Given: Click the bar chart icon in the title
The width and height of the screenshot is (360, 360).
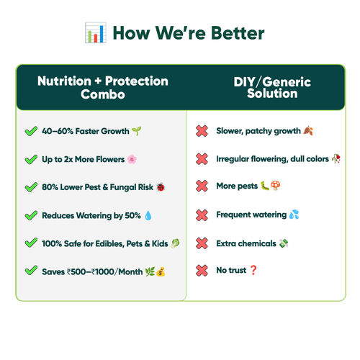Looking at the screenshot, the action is pyautogui.click(x=96, y=32).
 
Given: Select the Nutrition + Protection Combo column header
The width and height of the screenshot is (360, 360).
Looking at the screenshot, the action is pyautogui.click(x=103, y=87).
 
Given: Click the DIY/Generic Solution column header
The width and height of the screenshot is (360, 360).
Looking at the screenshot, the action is pyautogui.click(x=272, y=87).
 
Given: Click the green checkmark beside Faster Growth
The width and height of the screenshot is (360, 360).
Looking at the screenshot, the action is pyautogui.click(x=31, y=131).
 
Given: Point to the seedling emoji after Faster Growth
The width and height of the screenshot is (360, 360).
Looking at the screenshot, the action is pyautogui.click(x=137, y=131).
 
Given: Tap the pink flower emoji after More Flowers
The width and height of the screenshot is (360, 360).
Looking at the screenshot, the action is pyautogui.click(x=132, y=159).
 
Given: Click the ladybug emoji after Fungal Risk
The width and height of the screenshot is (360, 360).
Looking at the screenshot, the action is pyautogui.click(x=161, y=187).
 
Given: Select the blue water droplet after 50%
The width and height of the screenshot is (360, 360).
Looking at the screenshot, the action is pyautogui.click(x=148, y=215).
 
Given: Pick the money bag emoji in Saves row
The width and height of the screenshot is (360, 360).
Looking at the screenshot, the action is pyautogui.click(x=161, y=272).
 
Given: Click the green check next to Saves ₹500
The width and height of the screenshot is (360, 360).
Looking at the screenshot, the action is pyautogui.click(x=31, y=270).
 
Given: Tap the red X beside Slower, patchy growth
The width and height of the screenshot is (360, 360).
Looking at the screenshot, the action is pyautogui.click(x=202, y=131).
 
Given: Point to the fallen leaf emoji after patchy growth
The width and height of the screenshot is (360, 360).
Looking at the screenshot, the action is pyautogui.click(x=308, y=131).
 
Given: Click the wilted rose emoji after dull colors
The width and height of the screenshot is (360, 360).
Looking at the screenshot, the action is pyautogui.click(x=336, y=158).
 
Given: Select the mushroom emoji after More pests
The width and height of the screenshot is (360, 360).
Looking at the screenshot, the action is pyautogui.click(x=275, y=186).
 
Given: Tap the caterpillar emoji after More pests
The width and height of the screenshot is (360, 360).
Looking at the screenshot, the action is pyautogui.click(x=265, y=186).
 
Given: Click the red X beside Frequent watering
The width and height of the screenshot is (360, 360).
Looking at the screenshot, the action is pyautogui.click(x=202, y=215).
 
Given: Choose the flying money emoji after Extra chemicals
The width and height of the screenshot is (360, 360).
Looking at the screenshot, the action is pyautogui.click(x=284, y=243).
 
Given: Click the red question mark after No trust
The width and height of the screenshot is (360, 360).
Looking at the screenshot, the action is pyautogui.click(x=253, y=270).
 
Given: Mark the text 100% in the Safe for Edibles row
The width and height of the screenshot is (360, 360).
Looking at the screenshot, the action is pyautogui.click(x=52, y=243).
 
